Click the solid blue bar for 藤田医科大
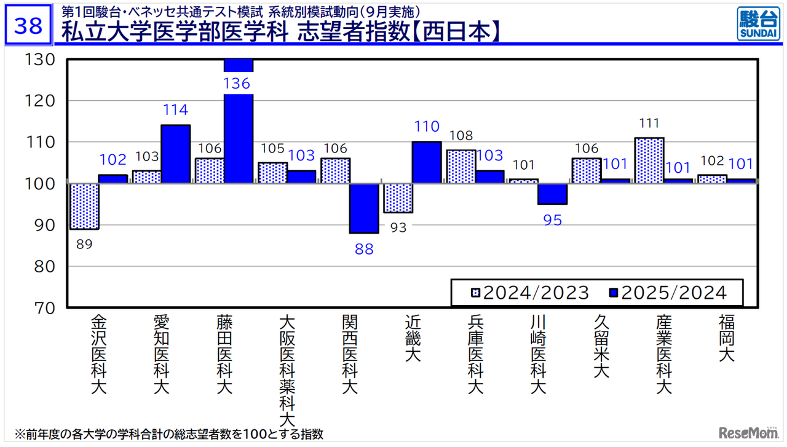coord(239,135)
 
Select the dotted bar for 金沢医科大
coord(84,206)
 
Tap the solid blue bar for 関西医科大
coord(364,208)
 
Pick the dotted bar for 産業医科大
coord(649,160)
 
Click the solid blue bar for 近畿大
coord(427,162)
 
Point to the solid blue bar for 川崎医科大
coord(552,194)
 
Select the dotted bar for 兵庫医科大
coord(461,167)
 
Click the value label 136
coord(237,83)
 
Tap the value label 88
coord(364,250)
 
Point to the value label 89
coord(84,245)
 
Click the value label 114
coord(175,110)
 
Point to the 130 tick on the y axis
coord(41,60)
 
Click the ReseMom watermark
coord(743,432)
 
